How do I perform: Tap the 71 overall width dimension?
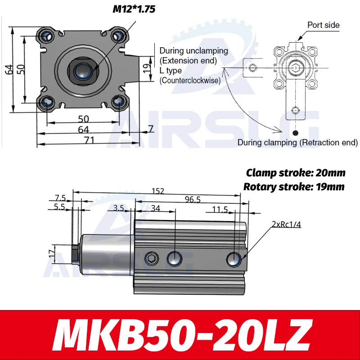coord(89,140)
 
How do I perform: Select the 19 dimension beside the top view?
coord(146,68)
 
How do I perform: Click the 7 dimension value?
coord(151,129)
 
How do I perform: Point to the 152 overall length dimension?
coord(157,191)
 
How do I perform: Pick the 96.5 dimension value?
coord(193,199)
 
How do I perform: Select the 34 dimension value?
coord(155,208)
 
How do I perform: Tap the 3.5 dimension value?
coord(118,208)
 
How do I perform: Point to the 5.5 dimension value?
coord(59,207)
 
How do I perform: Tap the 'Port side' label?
coord(323,25)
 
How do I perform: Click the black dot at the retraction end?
coord(295,133)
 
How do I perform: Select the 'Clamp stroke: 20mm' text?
coord(296,173)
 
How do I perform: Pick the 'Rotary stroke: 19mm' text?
coord(294,186)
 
